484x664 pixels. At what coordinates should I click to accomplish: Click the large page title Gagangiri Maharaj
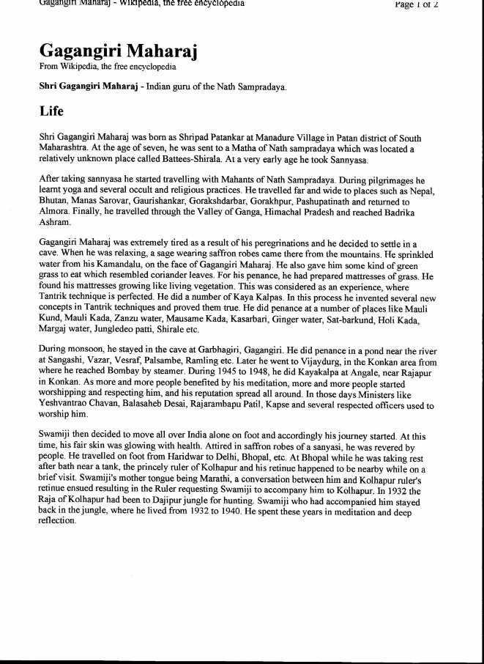(119, 51)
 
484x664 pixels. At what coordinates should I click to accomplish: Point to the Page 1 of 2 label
(416, 4)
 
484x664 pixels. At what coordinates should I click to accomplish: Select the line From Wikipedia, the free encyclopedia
(107, 67)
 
